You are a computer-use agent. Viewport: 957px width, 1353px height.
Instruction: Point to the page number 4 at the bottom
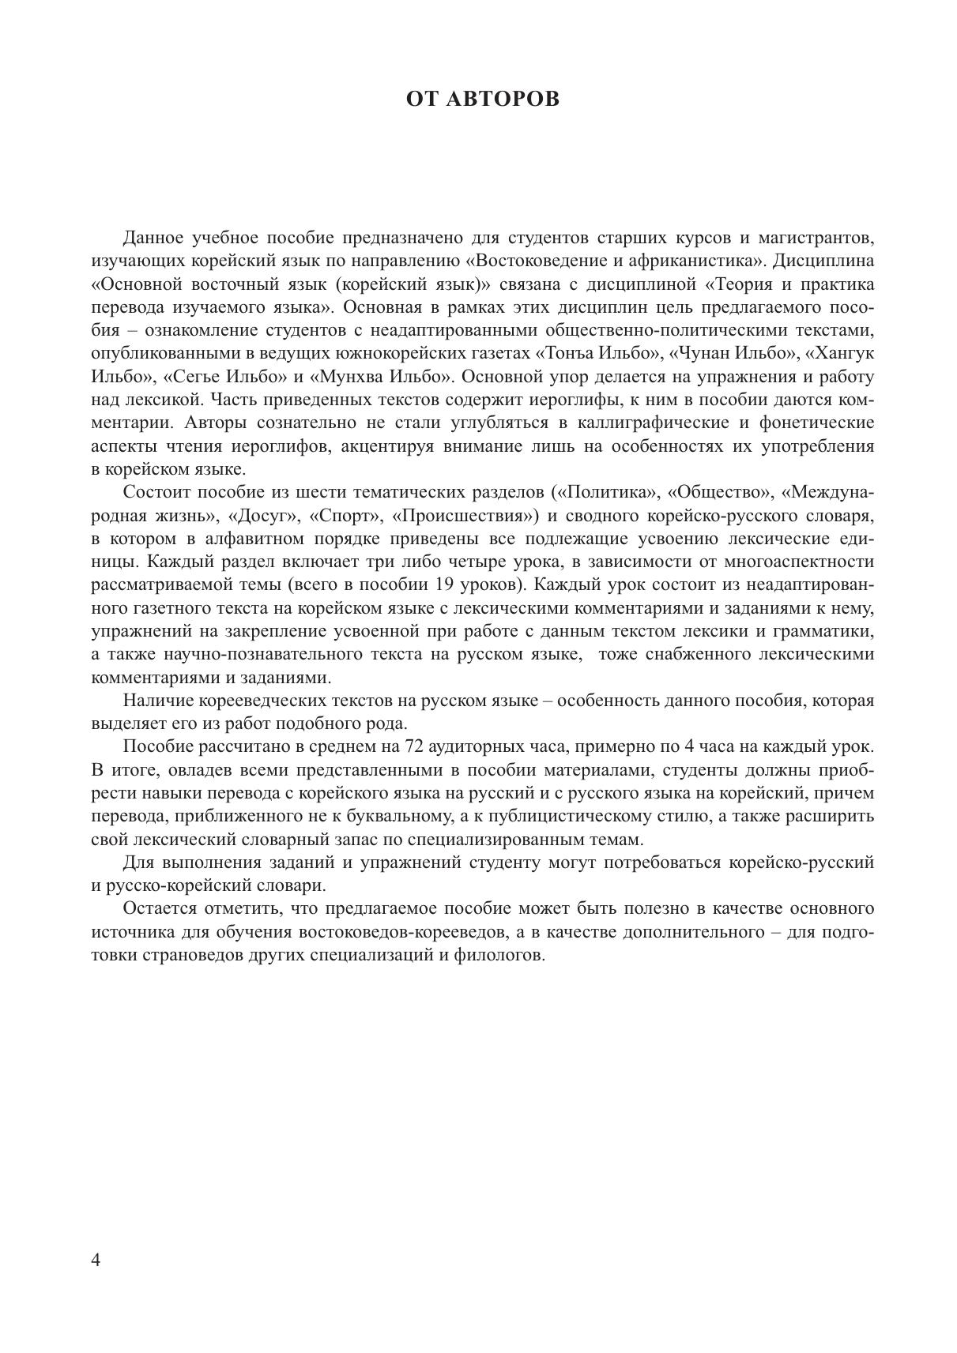96,1260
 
